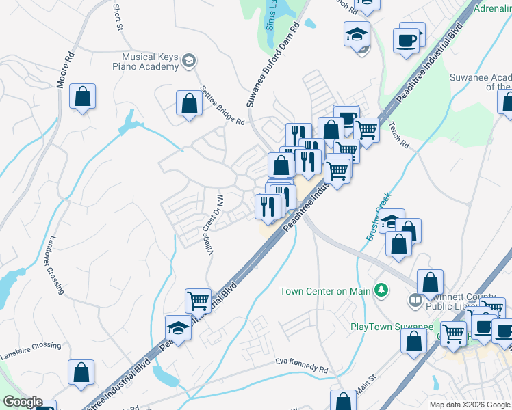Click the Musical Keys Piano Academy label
[149, 62]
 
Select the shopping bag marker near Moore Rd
[82, 98]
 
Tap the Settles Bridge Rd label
[222, 105]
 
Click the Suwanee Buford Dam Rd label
[273, 64]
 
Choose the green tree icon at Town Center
[381, 290]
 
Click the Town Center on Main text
[324, 291]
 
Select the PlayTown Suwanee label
[381, 327]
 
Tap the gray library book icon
[415, 300]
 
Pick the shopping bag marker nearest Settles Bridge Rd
[189, 104]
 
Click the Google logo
[22, 402]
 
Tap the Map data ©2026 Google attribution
[469, 404]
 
